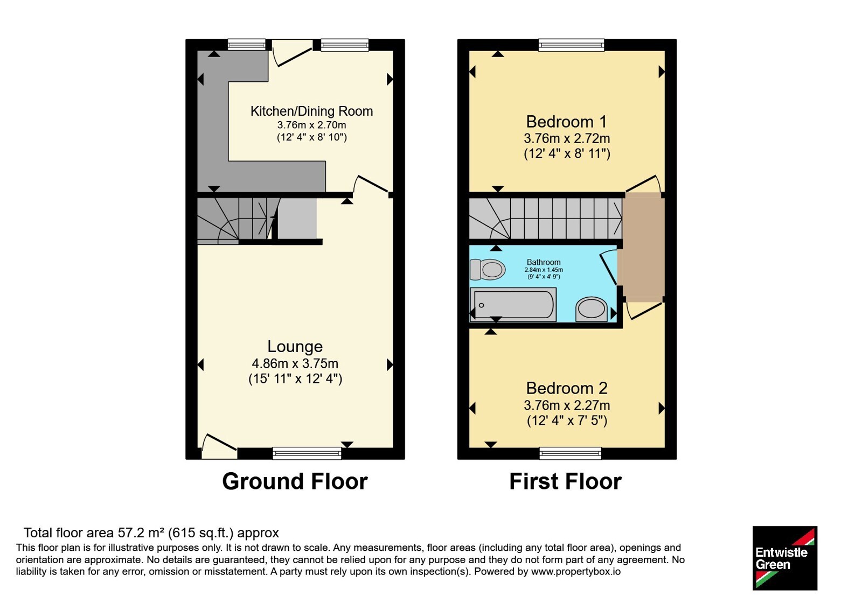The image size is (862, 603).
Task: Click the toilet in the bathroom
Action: tap(488, 269)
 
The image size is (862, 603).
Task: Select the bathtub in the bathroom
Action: tap(513, 305)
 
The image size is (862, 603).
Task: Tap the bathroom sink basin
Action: tap(592, 309)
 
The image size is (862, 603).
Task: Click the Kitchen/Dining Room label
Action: tap(312, 111)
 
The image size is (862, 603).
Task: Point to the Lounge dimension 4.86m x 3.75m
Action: tap(295, 363)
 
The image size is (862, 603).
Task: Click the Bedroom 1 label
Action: tap(566, 122)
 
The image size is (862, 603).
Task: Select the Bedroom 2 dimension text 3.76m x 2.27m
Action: tap(567, 405)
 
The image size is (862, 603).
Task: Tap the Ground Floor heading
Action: tap(295, 481)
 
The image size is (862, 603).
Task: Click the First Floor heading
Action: tap(565, 481)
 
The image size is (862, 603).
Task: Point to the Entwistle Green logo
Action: tap(785, 558)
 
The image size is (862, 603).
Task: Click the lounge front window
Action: tap(307, 453)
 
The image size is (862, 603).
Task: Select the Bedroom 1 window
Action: tap(572, 45)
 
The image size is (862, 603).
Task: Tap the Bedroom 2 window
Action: tap(571, 453)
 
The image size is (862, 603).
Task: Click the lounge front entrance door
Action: tap(218, 446)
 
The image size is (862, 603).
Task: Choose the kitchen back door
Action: tap(292, 53)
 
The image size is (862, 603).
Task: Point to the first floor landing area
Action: tap(644, 247)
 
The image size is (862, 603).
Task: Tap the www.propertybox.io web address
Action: tap(576, 571)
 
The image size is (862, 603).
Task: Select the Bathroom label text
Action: tap(544, 262)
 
